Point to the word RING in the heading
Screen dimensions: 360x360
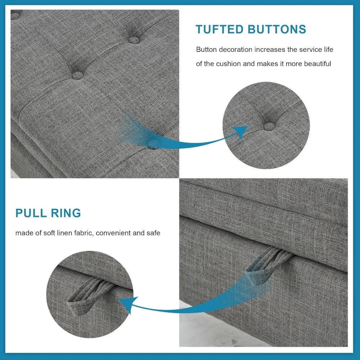(x=67, y=213)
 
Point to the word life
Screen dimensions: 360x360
(x=327, y=49)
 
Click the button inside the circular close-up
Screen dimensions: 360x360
(x=269, y=126)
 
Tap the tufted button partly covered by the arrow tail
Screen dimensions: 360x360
(x=153, y=144)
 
